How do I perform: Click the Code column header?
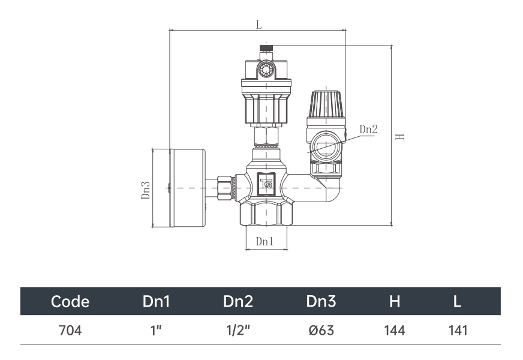coord(70,301)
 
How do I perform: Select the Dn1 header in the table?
coord(156,301)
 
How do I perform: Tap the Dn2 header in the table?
coord(238,301)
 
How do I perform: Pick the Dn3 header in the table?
coord(321,301)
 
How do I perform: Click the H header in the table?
coord(395,301)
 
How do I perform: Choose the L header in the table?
coord(457,301)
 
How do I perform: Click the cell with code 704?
coord(70,331)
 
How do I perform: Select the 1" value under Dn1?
coord(156,331)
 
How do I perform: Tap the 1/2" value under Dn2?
coord(238,331)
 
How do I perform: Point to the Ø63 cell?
coord(321,331)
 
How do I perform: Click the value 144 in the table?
coord(395,331)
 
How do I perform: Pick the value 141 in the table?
coord(458,331)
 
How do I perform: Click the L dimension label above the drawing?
coord(259,25)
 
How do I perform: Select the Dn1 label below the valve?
coord(264,241)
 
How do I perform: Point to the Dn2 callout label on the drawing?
coord(369,129)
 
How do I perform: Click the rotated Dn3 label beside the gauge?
coord(145,190)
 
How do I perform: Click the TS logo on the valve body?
coord(266,183)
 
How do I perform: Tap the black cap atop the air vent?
coord(266,48)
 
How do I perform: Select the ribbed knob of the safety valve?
coord(326,103)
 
